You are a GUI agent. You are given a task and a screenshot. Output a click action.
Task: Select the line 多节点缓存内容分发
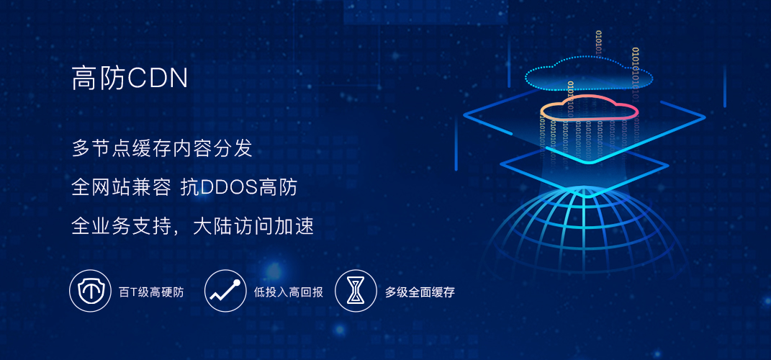click(163, 149)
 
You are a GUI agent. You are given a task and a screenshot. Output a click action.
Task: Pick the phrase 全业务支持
click(122, 227)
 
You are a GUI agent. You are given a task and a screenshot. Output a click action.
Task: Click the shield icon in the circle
click(90, 291)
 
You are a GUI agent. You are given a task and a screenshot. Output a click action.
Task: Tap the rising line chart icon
click(225, 291)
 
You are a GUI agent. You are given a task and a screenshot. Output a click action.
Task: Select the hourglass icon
click(356, 291)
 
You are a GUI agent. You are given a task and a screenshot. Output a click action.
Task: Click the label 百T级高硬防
click(151, 292)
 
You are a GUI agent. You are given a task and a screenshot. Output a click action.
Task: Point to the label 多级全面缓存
click(420, 292)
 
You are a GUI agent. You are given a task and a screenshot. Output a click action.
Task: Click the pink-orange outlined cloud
click(589, 109)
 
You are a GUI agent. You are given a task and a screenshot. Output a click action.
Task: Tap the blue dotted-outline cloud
click(589, 72)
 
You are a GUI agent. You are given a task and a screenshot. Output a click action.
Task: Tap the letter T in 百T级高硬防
click(131, 292)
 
